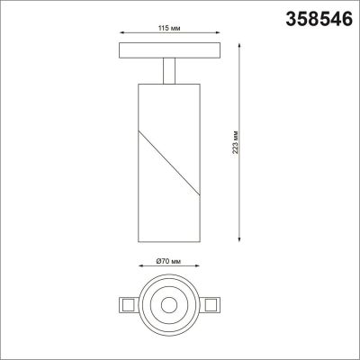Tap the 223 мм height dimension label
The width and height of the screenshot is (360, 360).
(235, 140)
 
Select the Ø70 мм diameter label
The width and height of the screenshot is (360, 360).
(168, 260)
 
